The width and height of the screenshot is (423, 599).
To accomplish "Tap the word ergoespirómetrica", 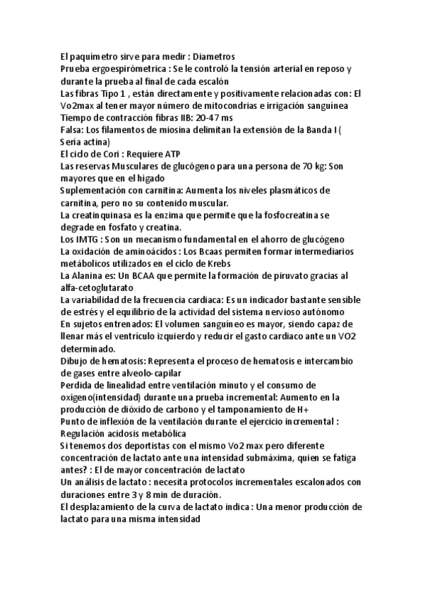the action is pyautogui.click(x=126, y=69).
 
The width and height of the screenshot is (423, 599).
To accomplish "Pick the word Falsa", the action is pyautogui.click(x=74, y=129).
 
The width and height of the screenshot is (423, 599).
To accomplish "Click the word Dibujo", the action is pyautogui.click(x=77, y=361).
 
